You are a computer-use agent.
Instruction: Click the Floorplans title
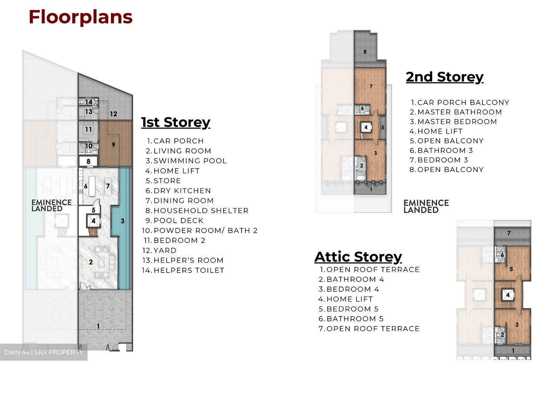[81, 17]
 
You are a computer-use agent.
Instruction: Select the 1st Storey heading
[176, 123]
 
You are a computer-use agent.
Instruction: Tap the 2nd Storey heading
[445, 77]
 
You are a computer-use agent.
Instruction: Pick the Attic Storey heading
[358, 257]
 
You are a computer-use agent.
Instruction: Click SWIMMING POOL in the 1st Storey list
[190, 161]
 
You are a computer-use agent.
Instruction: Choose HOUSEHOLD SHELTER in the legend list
[201, 210]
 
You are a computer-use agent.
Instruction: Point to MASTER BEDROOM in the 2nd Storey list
[457, 121]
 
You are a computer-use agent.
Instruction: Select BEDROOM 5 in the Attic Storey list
[353, 309]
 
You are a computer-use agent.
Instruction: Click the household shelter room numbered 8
[88, 161]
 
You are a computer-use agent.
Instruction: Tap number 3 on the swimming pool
[123, 221]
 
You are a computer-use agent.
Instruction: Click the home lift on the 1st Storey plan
[93, 221]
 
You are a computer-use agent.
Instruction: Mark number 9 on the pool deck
[113, 145]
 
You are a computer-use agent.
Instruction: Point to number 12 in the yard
[114, 114]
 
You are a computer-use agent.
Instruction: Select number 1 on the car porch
[98, 326]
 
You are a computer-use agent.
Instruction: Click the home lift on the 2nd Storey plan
[366, 127]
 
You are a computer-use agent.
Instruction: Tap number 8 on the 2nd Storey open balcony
[365, 51]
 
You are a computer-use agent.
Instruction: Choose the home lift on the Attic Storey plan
[508, 295]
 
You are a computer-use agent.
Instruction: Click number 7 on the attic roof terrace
[509, 233]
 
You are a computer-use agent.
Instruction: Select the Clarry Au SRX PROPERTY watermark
[43, 352]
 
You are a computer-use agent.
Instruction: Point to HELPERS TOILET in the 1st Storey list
[189, 270]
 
